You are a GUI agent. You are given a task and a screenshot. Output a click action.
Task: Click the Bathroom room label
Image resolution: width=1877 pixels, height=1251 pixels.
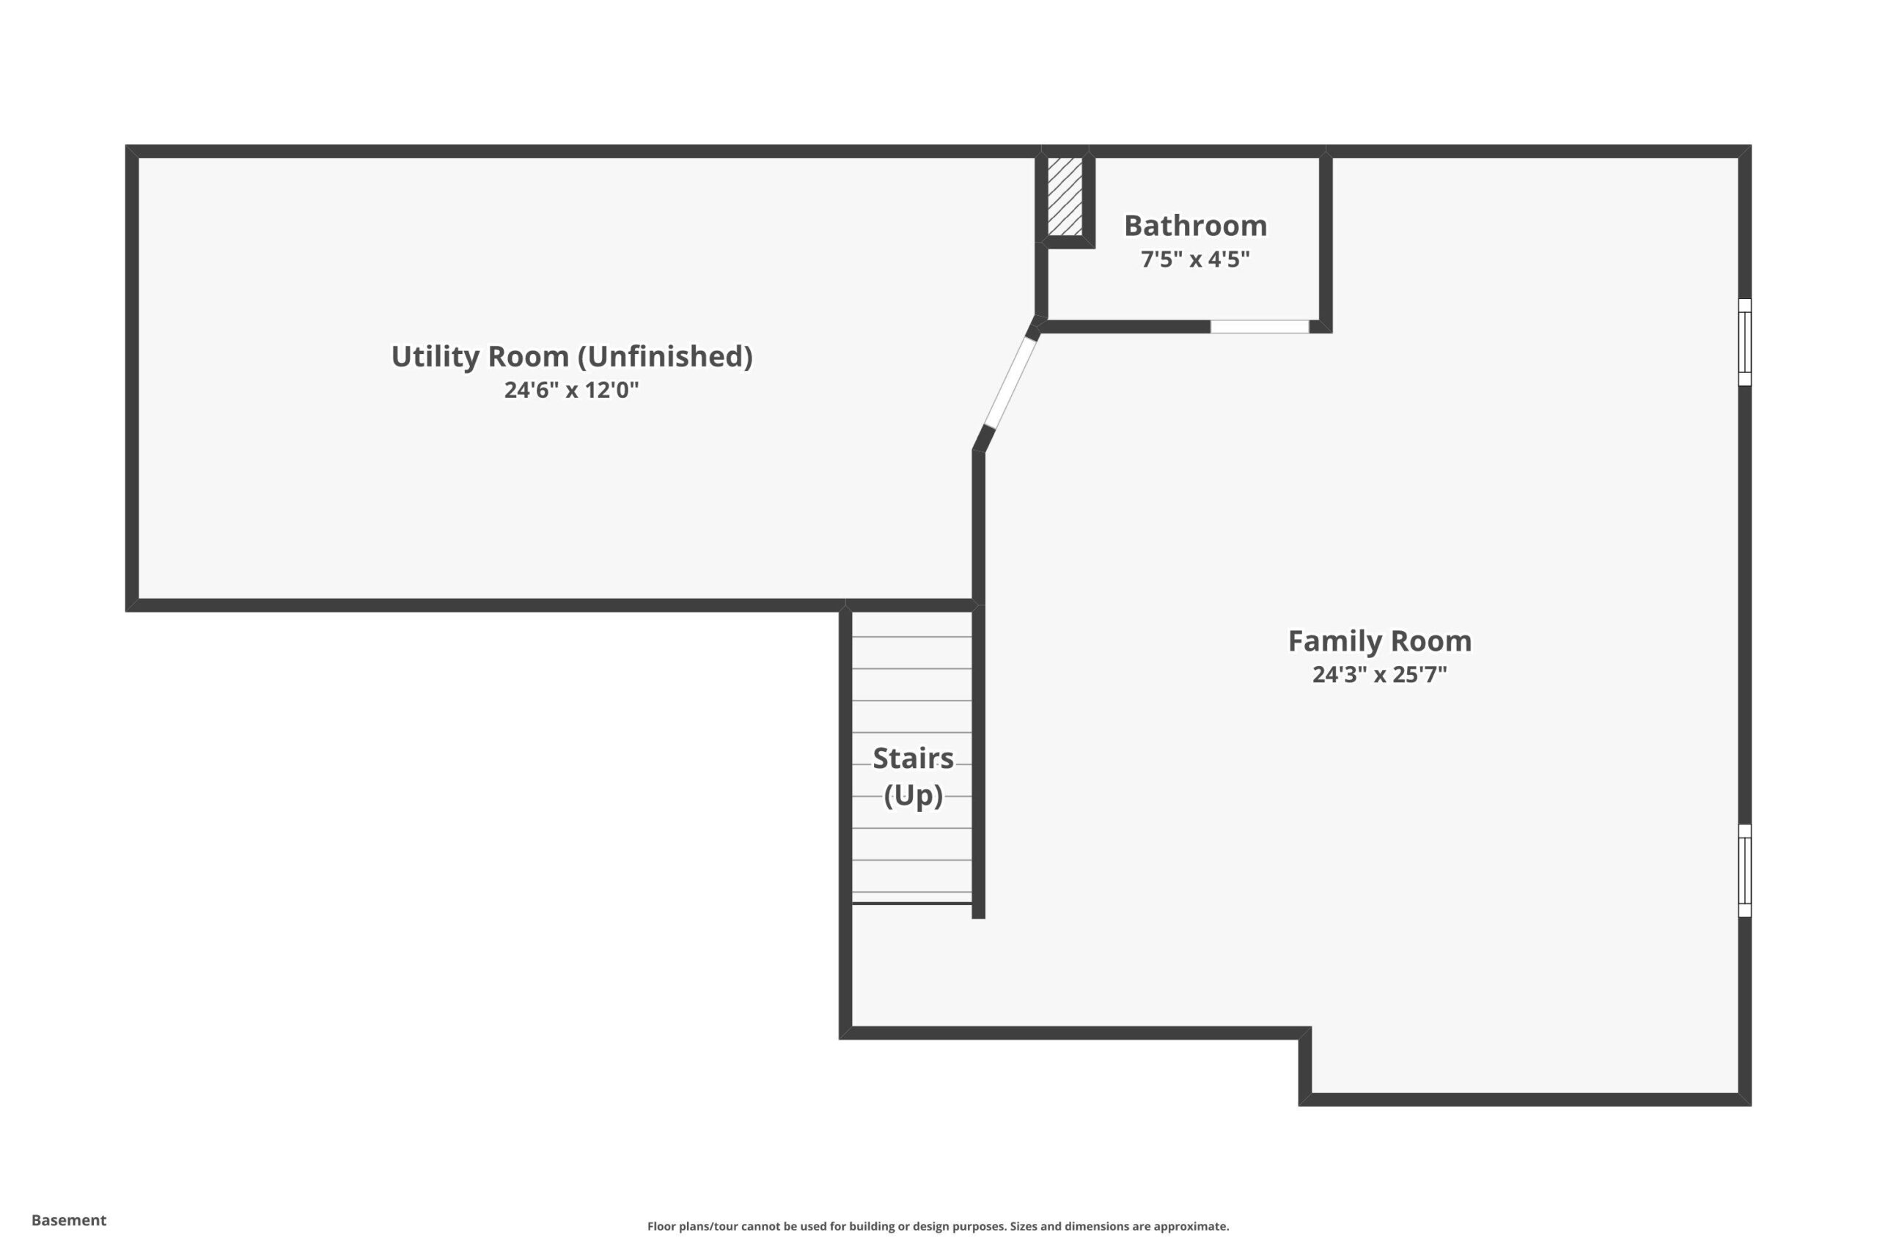coord(1195,226)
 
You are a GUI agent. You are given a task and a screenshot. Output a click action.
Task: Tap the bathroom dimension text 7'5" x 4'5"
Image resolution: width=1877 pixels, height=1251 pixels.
coord(1195,259)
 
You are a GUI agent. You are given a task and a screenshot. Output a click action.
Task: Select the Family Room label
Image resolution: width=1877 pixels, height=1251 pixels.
coord(1380,641)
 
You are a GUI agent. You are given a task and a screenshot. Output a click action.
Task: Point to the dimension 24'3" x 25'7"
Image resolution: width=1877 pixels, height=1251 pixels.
coord(1380,675)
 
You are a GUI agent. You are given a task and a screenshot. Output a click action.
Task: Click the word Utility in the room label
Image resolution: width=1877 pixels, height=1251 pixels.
coord(435,357)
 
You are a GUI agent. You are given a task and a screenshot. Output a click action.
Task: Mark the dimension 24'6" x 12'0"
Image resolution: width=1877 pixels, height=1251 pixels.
coord(571,390)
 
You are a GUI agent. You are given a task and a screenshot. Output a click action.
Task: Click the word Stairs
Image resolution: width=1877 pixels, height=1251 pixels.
coord(913,758)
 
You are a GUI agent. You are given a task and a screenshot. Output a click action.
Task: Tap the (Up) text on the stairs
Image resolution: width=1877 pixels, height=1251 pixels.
coord(913,795)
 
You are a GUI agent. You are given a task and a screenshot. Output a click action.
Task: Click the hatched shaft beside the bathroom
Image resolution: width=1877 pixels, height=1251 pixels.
coord(1065,196)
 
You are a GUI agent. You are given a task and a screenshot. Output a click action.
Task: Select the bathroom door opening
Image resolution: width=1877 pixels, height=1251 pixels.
coord(1260,326)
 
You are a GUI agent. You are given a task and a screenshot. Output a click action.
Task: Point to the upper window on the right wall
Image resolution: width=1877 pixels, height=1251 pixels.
coord(1744,342)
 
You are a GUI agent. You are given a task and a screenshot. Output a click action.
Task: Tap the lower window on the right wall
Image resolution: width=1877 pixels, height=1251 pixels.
coord(1744,871)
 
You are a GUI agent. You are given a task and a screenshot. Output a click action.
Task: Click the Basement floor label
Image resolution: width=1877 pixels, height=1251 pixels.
coord(69,1220)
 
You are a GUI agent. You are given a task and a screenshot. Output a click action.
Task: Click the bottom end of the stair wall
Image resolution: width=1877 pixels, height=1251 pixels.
coord(978,918)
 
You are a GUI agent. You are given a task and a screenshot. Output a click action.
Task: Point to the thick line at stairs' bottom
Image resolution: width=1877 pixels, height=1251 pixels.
coord(912,904)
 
